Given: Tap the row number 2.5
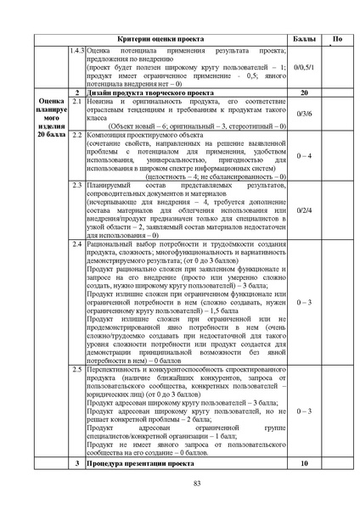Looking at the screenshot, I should pyautogui.click(x=76, y=370).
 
